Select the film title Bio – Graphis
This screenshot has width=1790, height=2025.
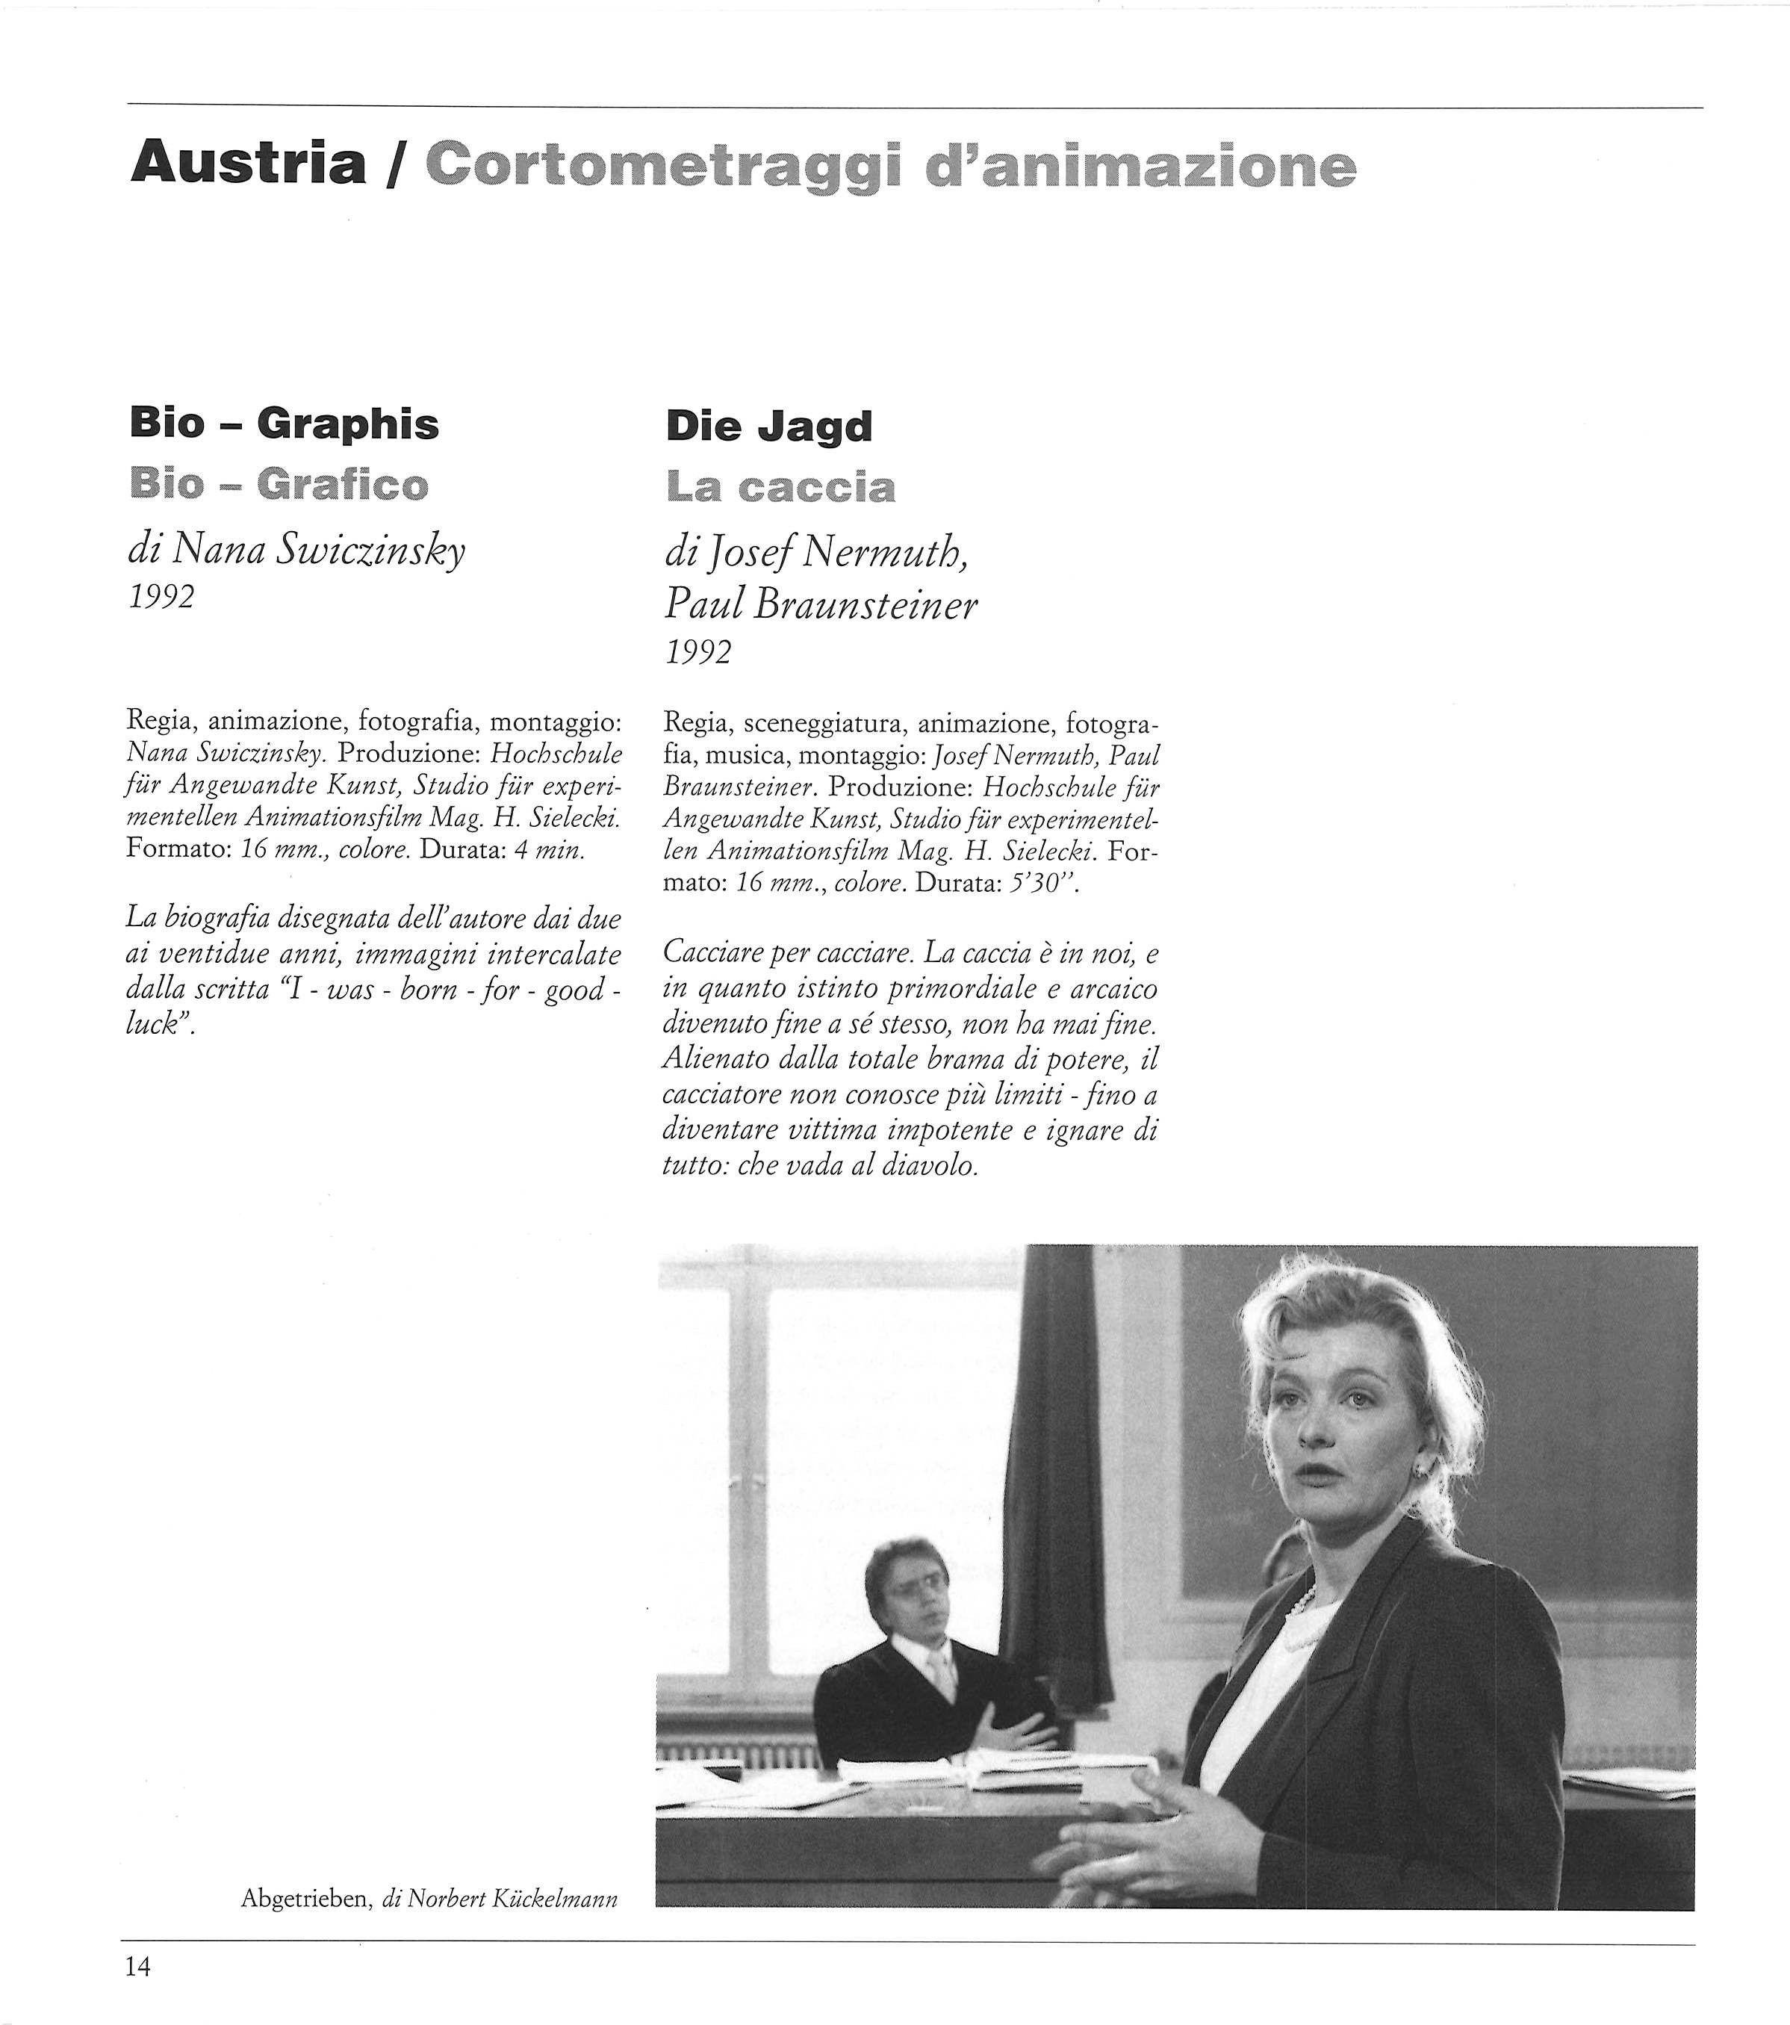point(285,424)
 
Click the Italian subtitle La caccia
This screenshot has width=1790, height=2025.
point(780,486)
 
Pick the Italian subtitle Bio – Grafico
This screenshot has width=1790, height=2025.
point(279,485)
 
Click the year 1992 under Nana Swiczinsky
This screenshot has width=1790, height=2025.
point(161,598)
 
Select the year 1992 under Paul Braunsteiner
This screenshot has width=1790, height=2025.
point(698,652)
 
